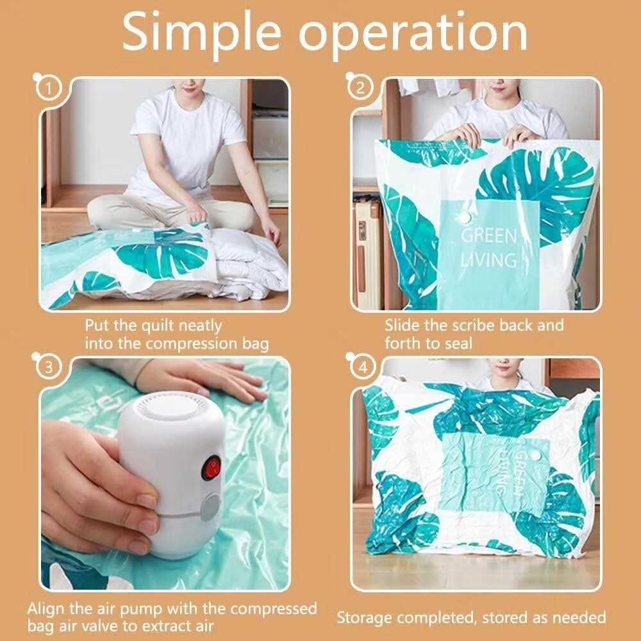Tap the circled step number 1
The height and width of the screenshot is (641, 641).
coord(48,88)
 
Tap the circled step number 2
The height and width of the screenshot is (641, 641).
coord(360,88)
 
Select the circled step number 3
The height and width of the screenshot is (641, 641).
coord(48,367)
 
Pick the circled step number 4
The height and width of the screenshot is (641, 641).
coord(362,367)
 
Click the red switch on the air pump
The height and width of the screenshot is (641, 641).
coord(212,469)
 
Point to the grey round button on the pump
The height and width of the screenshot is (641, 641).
coord(212,506)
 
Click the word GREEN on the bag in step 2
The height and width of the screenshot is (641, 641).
coord(489,237)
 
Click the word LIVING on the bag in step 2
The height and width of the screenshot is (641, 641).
coord(489,260)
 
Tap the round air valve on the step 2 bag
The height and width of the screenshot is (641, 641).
coord(465,217)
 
